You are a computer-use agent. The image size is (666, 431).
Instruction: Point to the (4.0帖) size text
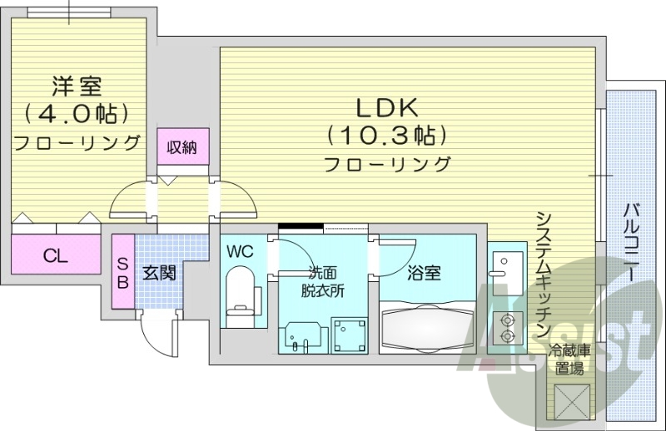pyautogui.click(x=77, y=111)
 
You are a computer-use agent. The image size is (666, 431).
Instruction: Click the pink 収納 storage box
pyautogui.click(x=182, y=148)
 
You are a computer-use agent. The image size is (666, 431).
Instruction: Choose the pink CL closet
pyautogui.click(x=55, y=255)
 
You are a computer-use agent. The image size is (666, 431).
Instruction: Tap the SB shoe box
pyautogui.click(x=122, y=271)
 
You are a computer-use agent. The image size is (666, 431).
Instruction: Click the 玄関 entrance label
pyautogui.click(x=157, y=272)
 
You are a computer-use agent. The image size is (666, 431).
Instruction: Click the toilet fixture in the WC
pyautogui.click(x=241, y=295)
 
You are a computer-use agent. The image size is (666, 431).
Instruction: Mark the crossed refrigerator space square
pyautogui.click(x=571, y=401)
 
